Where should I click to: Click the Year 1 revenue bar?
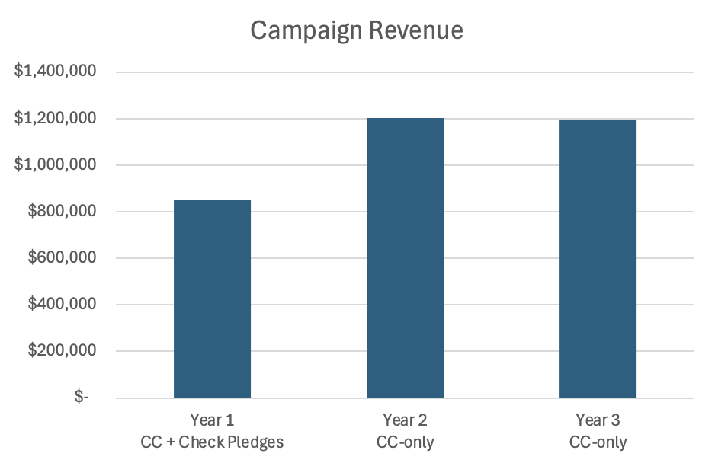pyautogui.click(x=212, y=299)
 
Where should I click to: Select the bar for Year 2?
pyautogui.click(x=405, y=258)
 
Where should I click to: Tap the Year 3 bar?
pyautogui.click(x=598, y=258)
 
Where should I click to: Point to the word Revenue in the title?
pyautogui.click(x=416, y=30)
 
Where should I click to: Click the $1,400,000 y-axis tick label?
pyautogui.click(x=55, y=71)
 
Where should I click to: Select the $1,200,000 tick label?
pyautogui.click(x=55, y=117)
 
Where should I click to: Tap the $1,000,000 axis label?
pyautogui.click(x=55, y=164)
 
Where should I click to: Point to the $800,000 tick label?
pyautogui.click(x=62, y=210)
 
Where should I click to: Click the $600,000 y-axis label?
pyautogui.click(x=62, y=257)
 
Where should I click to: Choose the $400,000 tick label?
pyautogui.click(x=62, y=304)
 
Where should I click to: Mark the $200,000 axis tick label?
pyautogui.click(x=62, y=350)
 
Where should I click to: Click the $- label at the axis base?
pyautogui.click(x=82, y=396)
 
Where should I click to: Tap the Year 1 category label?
pyautogui.click(x=212, y=420)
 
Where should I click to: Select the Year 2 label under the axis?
pyautogui.click(x=405, y=420)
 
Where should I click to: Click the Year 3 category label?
pyautogui.click(x=598, y=420)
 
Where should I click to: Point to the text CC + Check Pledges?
pyautogui.click(x=212, y=442)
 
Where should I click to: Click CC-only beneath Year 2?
pyautogui.click(x=405, y=442)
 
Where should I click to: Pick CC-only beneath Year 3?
pyautogui.click(x=598, y=442)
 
